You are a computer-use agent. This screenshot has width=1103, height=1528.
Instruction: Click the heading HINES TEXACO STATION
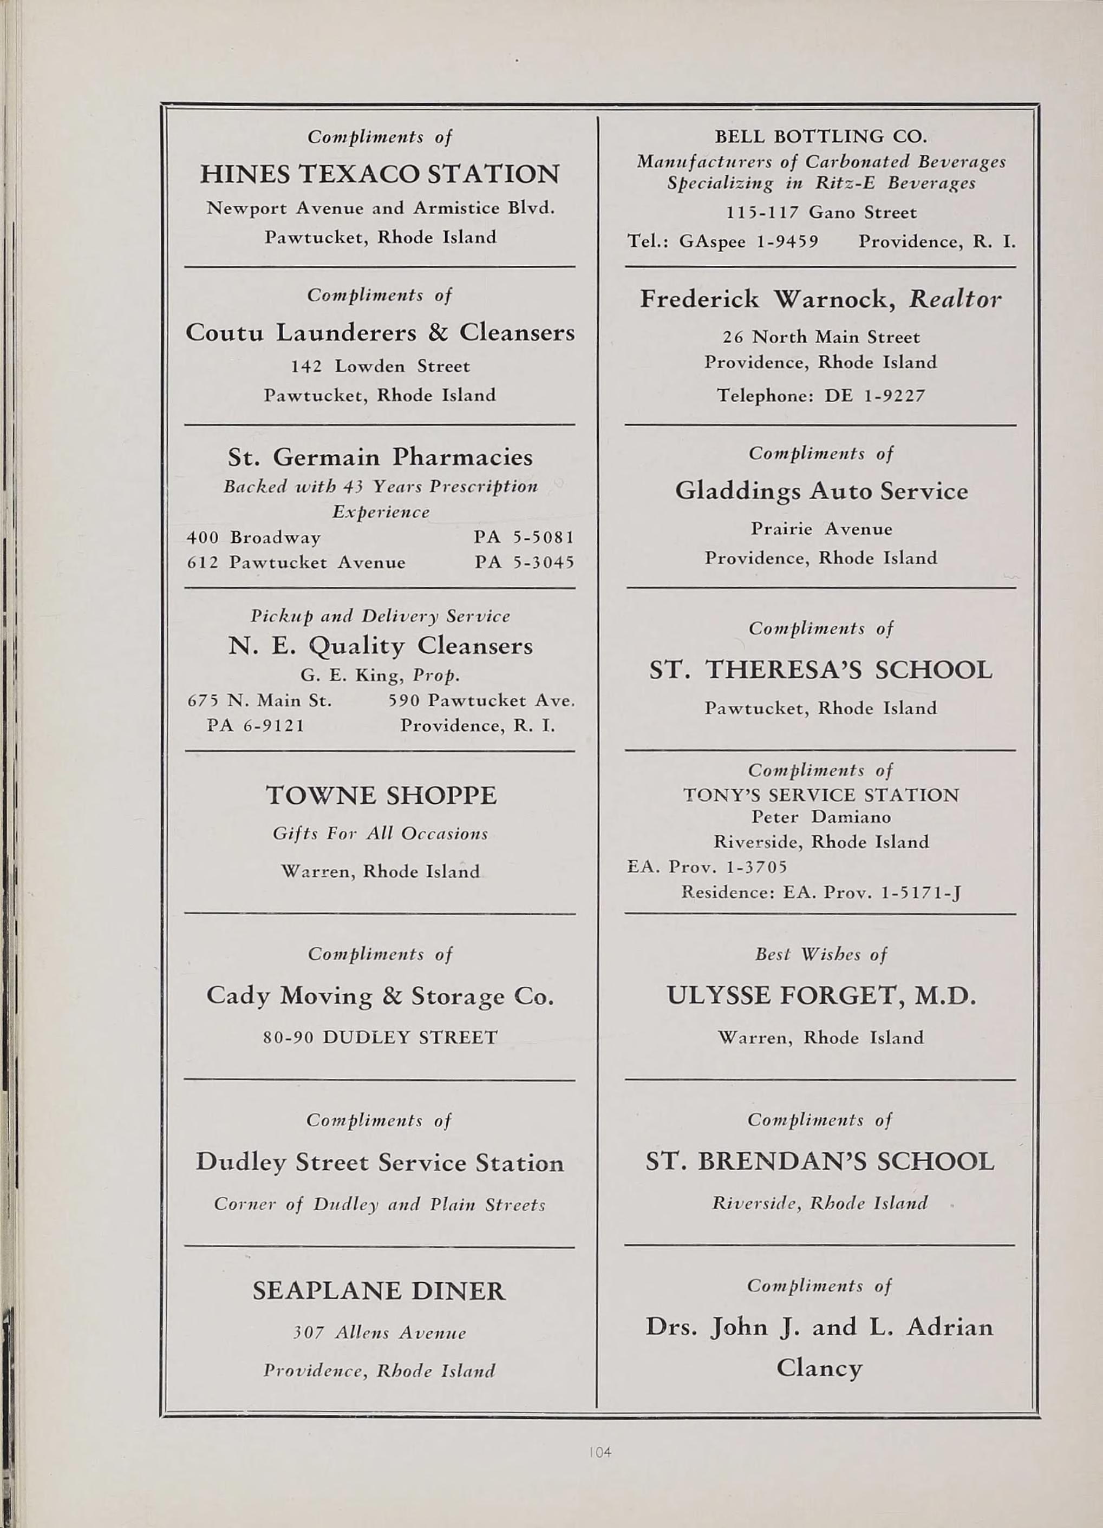(x=380, y=174)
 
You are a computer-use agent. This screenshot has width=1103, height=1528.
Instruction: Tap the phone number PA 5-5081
(x=524, y=537)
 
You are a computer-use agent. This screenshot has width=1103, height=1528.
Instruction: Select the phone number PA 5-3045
(x=524, y=562)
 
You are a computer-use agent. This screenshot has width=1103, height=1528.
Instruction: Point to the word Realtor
(x=955, y=299)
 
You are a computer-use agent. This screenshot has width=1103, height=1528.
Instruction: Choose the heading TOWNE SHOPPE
(x=381, y=796)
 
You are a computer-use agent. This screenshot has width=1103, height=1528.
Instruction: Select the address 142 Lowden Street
(x=380, y=366)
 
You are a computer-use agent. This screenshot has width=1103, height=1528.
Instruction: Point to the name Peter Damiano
(x=821, y=817)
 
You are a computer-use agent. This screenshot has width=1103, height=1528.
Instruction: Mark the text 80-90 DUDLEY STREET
(x=380, y=1037)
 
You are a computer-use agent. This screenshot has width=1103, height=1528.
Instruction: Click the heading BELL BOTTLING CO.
(x=821, y=137)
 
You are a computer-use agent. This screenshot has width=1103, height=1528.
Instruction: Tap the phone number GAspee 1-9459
(x=748, y=242)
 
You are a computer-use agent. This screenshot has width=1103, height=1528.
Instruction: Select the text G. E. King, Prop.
(x=380, y=675)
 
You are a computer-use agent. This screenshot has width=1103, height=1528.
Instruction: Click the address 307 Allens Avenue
(x=380, y=1333)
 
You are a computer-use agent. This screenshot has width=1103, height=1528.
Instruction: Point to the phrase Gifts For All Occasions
(x=380, y=834)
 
